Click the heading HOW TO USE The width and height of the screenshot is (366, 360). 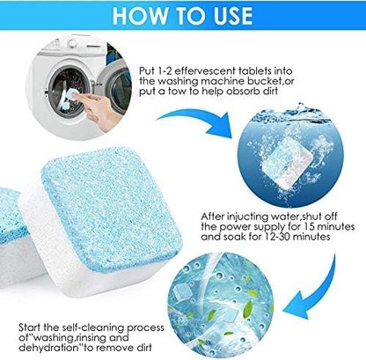point(183,16)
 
